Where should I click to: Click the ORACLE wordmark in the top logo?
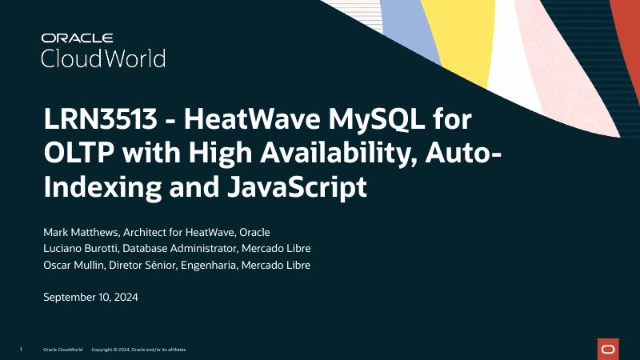pyautogui.click(x=78, y=38)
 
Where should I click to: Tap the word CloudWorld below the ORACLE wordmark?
pyautogui.click(x=103, y=58)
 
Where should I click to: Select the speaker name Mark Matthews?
pyautogui.click(x=79, y=232)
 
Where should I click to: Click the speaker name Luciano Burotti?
pyautogui.click(x=81, y=248)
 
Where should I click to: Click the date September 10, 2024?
pyautogui.click(x=90, y=297)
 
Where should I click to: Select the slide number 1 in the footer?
pyautogui.click(x=20, y=350)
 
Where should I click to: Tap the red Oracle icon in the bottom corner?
pyautogui.click(x=608, y=349)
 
